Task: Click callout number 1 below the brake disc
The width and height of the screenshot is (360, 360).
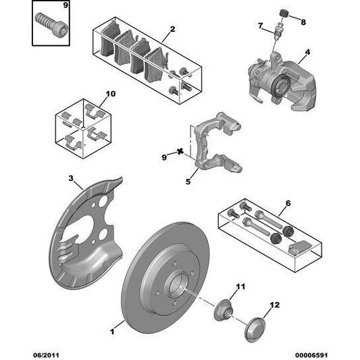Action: [x=113, y=332]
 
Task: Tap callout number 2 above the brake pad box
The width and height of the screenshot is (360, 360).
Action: [x=172, y=29]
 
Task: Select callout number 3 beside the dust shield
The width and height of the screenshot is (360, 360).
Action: [x=71, y=178]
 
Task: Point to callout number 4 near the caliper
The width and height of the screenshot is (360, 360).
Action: [x=307, y=52]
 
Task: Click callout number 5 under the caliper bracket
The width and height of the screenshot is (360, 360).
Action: [x=188, y=180]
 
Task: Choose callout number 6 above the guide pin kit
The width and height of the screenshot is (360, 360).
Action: [x=288, y=203]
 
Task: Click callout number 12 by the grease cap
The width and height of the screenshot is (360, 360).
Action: [x=274, y=306]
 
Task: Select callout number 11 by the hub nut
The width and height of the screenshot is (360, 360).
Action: [x=238, y=287]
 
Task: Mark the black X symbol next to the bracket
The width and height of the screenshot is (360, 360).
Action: [x=180, y=153]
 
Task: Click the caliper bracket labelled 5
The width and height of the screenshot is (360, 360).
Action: [x=216, y=145]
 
